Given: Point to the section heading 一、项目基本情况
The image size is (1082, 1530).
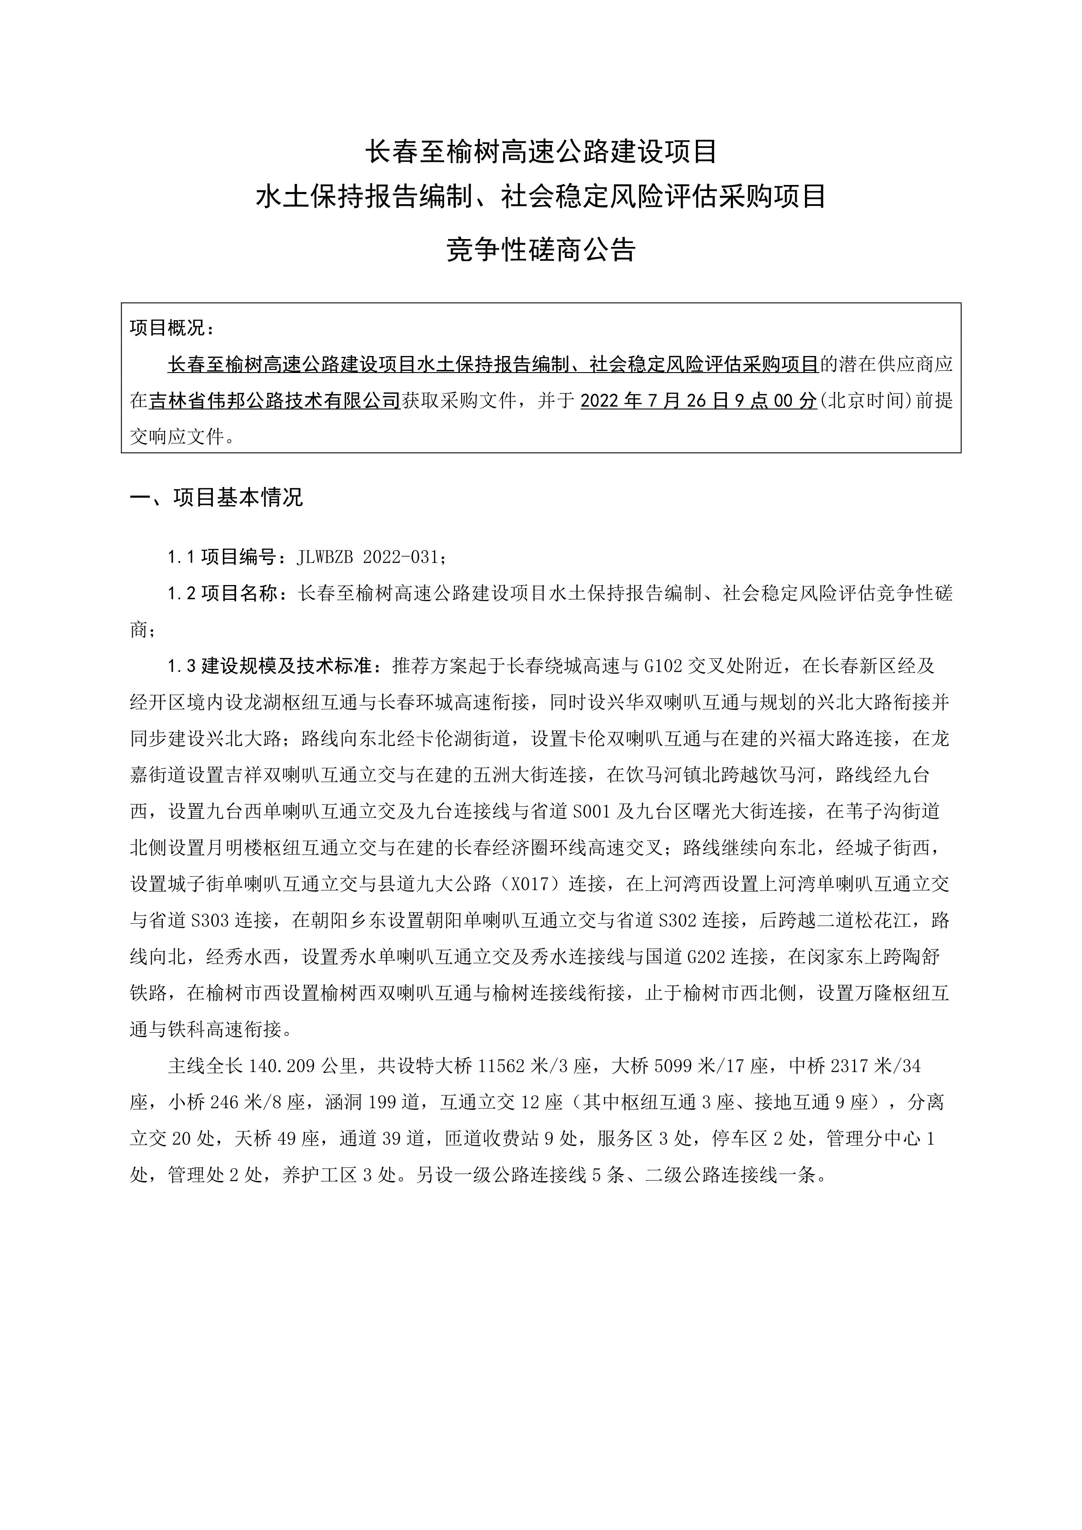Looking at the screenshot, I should coord(216,497).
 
